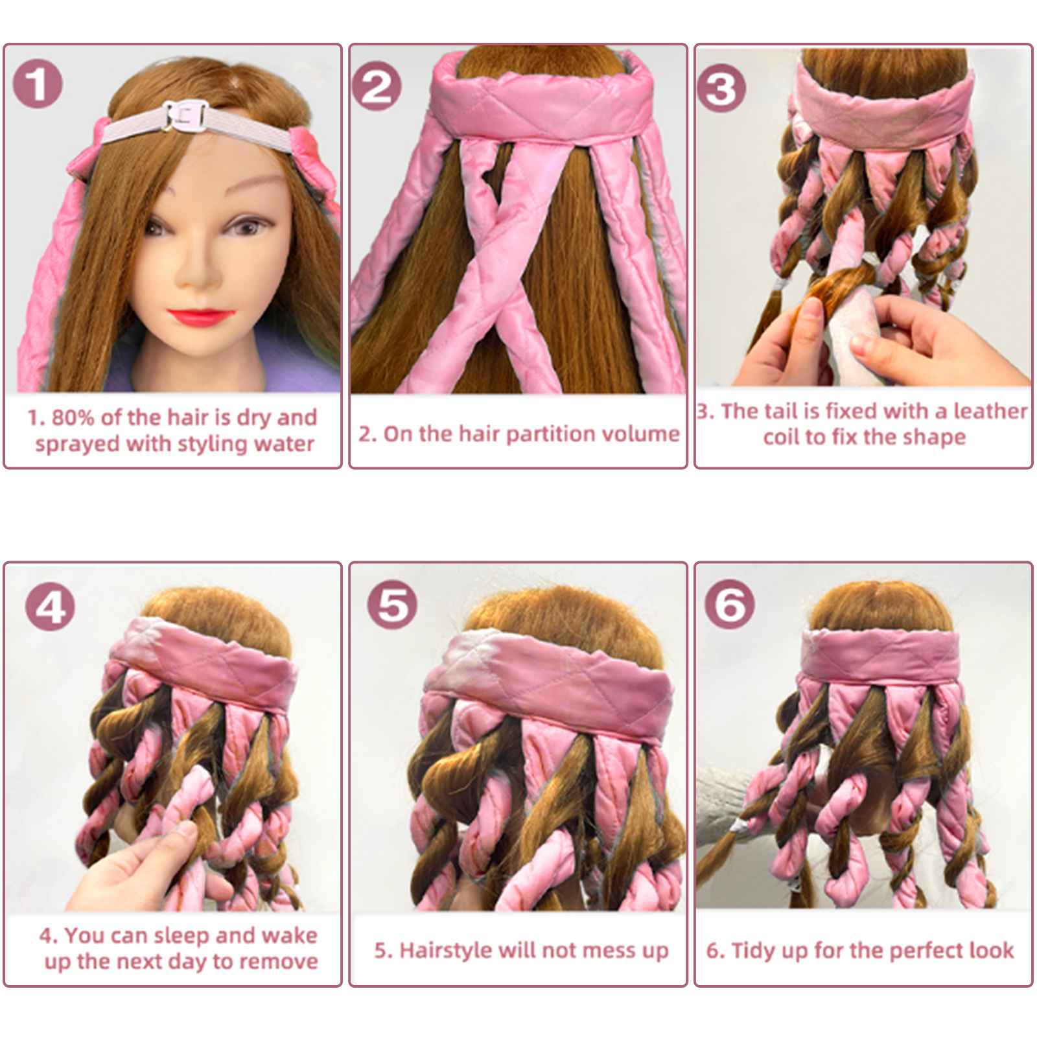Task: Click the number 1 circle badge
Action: [x=38, y=84]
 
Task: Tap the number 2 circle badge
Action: [x=377, y=86]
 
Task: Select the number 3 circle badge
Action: [x=721, y=88]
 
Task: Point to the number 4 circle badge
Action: [x=50, y=607]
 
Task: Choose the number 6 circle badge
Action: [x=730, y=604]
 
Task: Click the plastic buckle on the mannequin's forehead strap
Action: [x=185, y=117]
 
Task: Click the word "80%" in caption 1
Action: [x=73, y=417]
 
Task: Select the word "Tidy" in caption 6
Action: [x=752, y=951]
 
